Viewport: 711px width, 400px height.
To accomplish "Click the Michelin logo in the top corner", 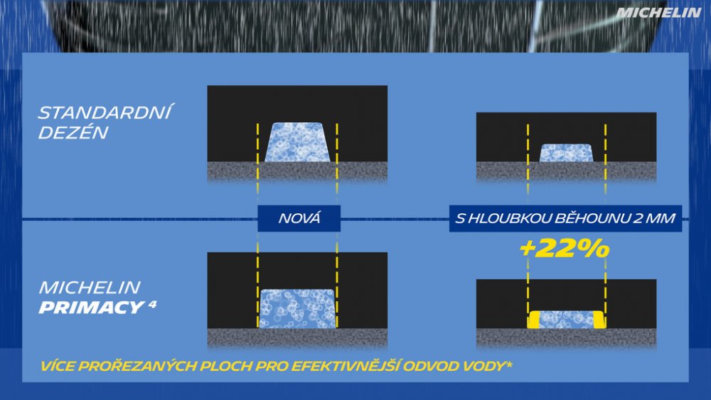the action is (658, 13).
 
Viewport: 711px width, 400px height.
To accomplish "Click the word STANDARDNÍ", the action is (105, 113).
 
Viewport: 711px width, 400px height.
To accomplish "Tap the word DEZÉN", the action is (73, 133).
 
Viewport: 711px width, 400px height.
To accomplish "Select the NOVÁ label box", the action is (299, 218).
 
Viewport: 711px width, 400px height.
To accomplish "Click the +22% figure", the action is (565, 248).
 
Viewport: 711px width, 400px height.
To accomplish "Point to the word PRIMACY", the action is (91, 308).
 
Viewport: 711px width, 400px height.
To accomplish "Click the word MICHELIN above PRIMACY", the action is (90, 287).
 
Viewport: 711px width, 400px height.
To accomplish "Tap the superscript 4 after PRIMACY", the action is (152, 303).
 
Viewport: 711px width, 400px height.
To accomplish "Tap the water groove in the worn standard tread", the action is (566, 153).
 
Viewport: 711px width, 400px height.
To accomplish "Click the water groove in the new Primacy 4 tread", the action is (297, 309).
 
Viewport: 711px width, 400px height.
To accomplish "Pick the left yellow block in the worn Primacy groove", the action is (533, 320).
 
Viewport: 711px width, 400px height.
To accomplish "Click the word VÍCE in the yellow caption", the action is (58, 366).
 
